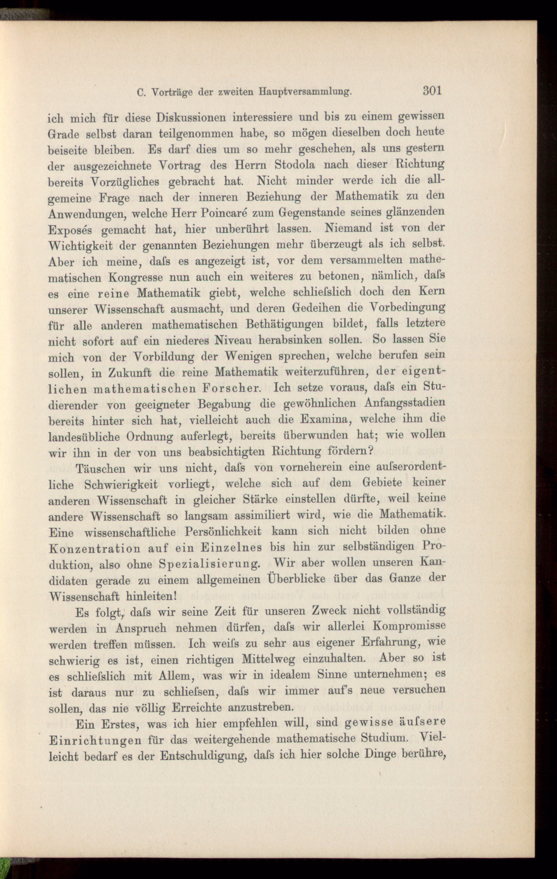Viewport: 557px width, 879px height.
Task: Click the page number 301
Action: [432, 90]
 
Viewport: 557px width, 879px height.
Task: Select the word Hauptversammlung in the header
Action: [305, 92]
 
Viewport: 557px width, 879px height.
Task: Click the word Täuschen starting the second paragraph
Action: [100, 468]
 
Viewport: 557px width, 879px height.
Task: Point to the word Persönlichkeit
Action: [223, 532]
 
